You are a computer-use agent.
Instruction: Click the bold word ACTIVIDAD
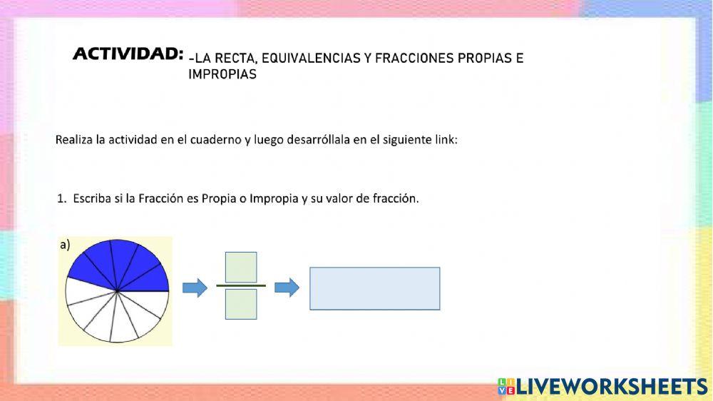coord(128,54)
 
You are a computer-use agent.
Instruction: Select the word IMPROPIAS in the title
coord(222,74)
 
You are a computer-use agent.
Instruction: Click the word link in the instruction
coord(446,140)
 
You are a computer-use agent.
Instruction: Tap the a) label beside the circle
coord(65,245)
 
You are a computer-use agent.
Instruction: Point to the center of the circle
coord(118,291)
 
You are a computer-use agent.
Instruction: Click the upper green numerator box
coord(241,267)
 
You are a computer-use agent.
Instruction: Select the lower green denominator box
coord(241,304)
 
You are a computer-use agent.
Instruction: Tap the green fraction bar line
coord(241,285)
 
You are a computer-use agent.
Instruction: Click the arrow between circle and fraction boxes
coord(195,288)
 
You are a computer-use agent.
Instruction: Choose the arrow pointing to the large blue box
coord(287,288)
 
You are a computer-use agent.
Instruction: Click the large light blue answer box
coord(375,288)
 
